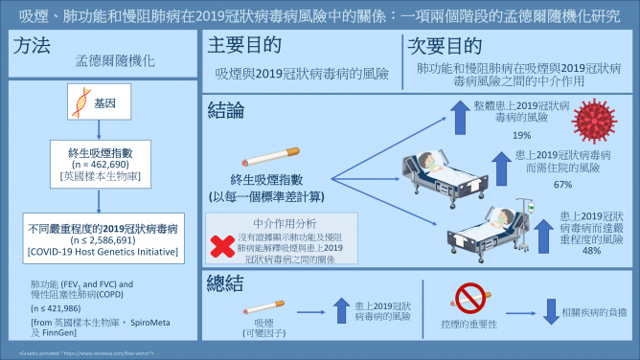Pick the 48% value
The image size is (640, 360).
point(590,250)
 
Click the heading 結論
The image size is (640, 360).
point(226,111)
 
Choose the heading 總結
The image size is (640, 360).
point(226,282)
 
